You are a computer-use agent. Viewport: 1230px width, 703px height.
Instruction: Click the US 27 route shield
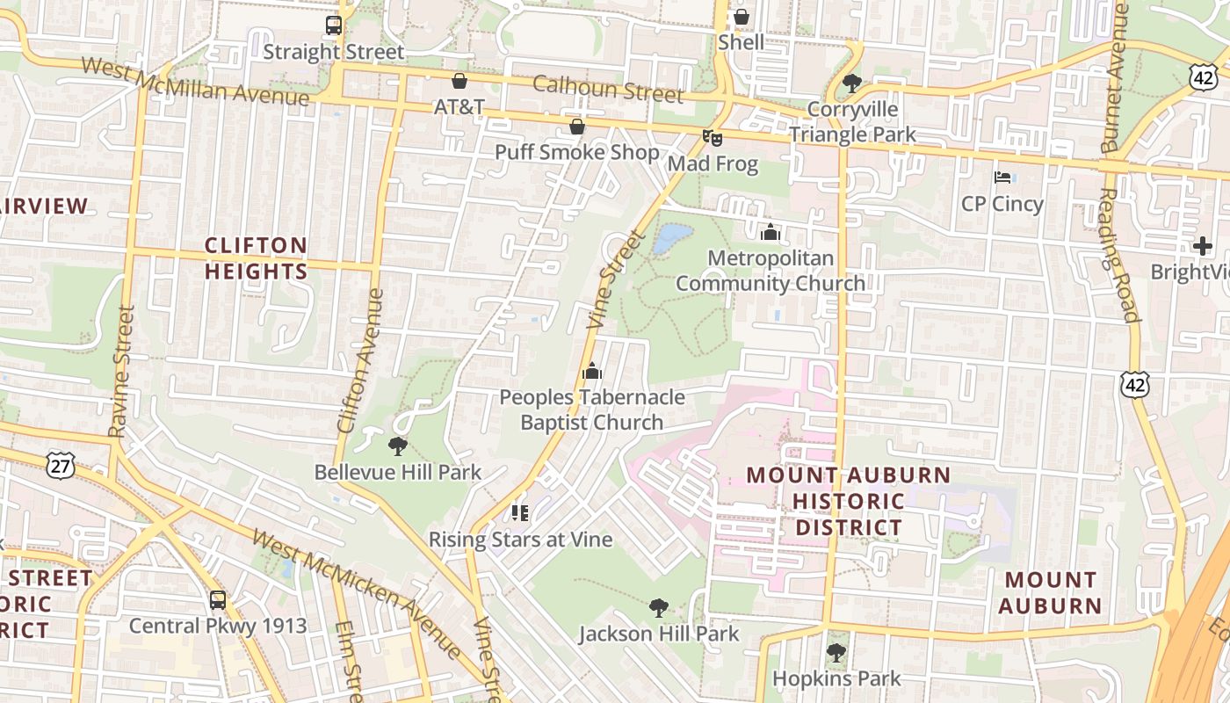(60, 466)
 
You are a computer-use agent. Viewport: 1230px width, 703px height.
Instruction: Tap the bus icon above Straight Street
(334, 25)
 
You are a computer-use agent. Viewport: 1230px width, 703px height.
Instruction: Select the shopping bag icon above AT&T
(459, 82)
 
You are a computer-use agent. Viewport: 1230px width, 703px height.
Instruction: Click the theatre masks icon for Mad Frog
(712, 138)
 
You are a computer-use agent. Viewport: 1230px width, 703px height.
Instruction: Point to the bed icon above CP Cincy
(1002, 178)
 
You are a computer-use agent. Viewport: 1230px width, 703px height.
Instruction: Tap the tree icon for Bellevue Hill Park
(397, 446)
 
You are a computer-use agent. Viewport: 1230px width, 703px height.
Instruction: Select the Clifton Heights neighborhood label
(257, 258)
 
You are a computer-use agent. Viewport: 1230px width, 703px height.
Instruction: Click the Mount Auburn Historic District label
(848, 502)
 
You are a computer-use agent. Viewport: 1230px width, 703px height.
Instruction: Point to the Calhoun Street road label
(608, 89)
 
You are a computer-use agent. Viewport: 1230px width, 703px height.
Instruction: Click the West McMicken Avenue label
(356, 593)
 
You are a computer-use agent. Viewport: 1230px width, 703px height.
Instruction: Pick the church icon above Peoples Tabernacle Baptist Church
(592, 372)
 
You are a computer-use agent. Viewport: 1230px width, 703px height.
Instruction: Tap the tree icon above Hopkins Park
(836, 653)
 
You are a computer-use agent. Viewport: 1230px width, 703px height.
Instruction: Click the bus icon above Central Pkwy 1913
(218, 600)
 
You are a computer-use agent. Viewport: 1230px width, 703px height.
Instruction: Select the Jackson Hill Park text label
(659, 634)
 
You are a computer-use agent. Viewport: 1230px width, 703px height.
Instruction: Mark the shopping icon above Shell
(741, 17)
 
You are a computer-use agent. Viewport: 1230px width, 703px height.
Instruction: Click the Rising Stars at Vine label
(520, 539)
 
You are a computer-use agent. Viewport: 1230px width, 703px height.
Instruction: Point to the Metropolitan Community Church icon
(771, 232)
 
